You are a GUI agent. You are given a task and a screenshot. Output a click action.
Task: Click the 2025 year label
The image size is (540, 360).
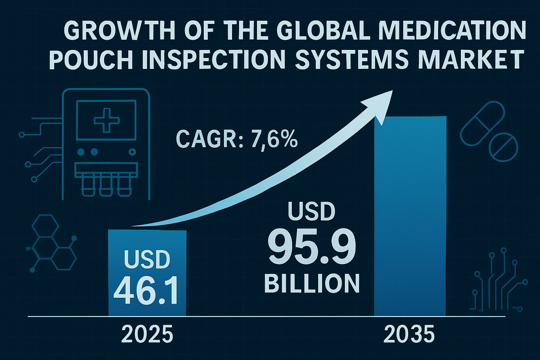click(x=147, y=334)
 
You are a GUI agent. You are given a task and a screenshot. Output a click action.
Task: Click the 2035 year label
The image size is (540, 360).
click(x=409, y=334)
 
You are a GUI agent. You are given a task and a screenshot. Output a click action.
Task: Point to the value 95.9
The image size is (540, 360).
click(x=312, y=248)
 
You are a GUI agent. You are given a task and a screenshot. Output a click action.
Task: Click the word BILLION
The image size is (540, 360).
click(x=312, y=284)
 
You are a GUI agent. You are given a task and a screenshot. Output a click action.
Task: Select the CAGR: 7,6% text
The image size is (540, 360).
click(x=236, y=139)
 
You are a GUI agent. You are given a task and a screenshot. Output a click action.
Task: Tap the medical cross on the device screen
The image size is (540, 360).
click(x=107, y=120)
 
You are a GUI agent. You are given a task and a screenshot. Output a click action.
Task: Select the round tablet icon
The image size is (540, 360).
click(x=503, y=147)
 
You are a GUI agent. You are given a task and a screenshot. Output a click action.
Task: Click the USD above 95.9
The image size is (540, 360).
click(x=311, y=212)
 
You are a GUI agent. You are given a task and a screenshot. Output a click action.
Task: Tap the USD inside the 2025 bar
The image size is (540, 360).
click(x=147, y=260)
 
